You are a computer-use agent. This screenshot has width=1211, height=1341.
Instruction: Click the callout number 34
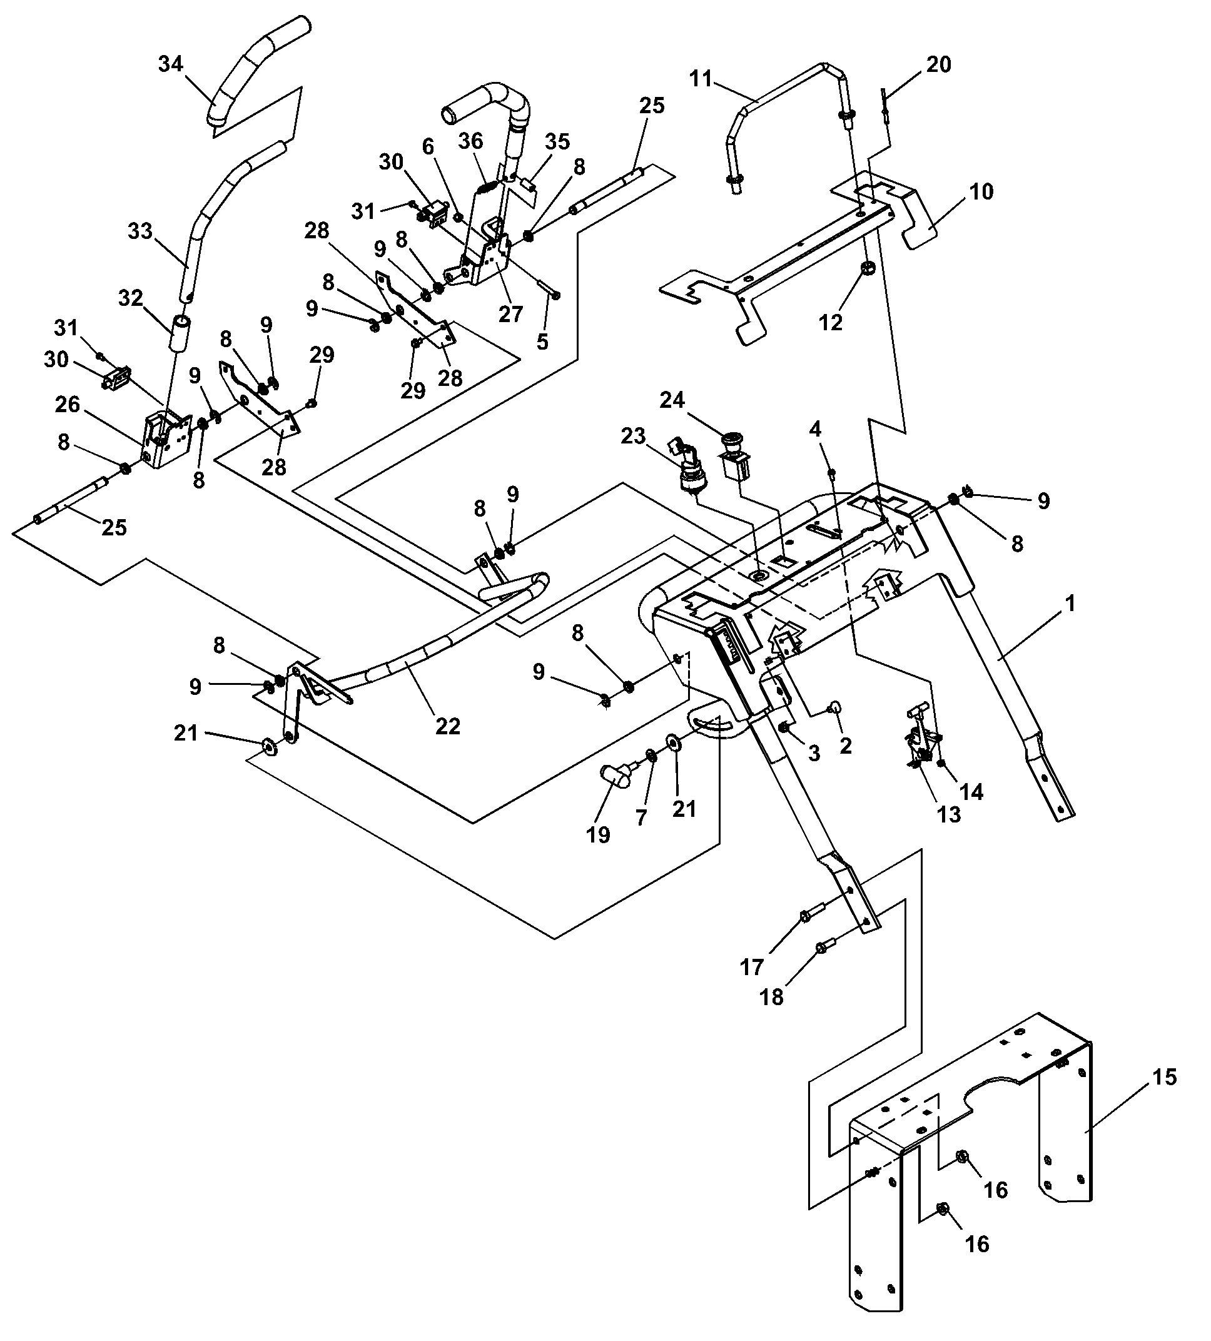click(x=170, y=64)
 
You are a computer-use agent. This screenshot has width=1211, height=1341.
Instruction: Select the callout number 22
click(x=448, y=726)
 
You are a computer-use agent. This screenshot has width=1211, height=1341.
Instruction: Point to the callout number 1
click(x=1070, y=604)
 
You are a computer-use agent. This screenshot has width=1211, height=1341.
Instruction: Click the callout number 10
click(x=981, y=191)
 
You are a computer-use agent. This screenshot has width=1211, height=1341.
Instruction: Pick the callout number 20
click(x=939, y=64)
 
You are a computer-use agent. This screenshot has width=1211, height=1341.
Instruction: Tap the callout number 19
click(x=598, y=835)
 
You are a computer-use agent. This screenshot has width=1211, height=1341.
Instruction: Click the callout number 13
click(x=949, y=815)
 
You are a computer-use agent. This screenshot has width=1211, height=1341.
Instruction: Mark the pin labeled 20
click(x=884, y=106)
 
